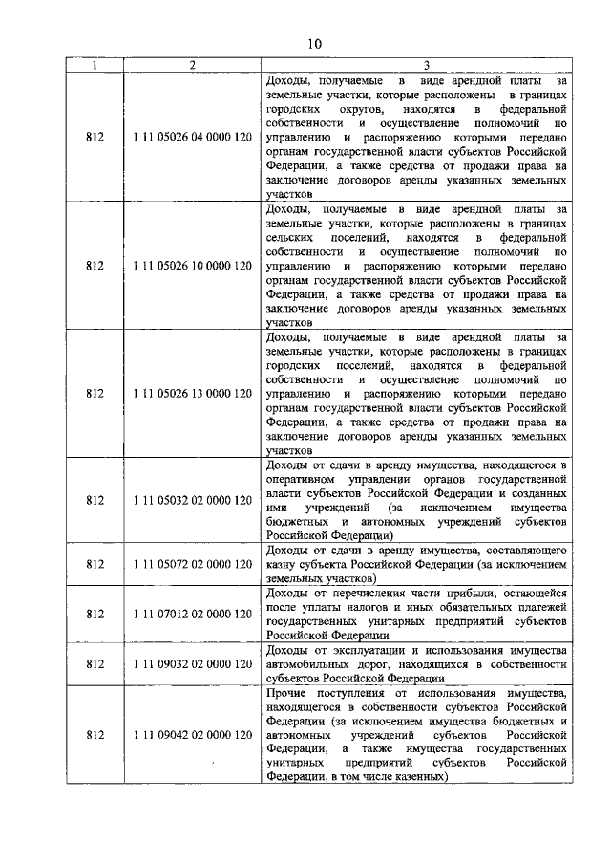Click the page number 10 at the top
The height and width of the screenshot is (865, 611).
tap(316, 43)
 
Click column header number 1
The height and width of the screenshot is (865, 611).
tap(94, 65)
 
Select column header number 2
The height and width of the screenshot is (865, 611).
tap(193, 65)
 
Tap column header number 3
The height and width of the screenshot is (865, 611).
tap(416, 65)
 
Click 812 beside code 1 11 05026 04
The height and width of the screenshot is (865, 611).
tap(94, 138)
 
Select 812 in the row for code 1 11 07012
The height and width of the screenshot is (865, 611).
tap(94, 613)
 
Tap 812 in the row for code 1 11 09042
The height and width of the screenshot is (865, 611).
tap(94, 734)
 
